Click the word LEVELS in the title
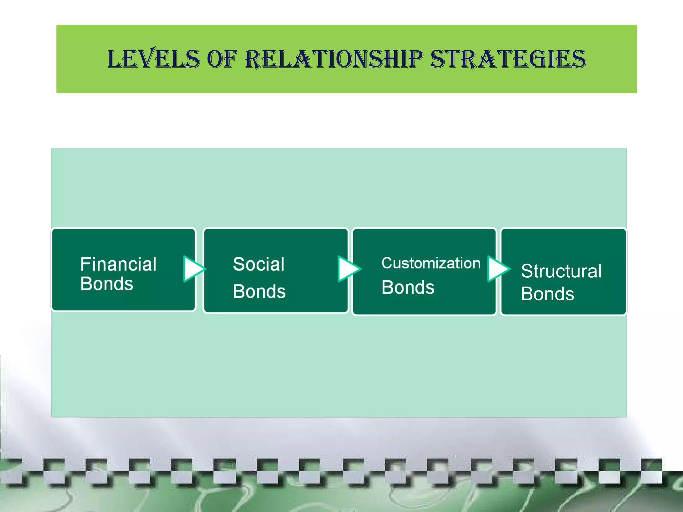point(153,59)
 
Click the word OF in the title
point(222,59)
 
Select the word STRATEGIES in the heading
point(508,59)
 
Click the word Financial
point(118,264)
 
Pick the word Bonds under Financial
point(107,284)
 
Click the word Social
point(259,264)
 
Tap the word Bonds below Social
point(259,291)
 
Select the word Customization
point(431,263)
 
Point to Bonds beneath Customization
point(408,287)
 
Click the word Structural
point(561,271)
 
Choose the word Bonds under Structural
point(547,294)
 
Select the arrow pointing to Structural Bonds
point(498,269)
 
